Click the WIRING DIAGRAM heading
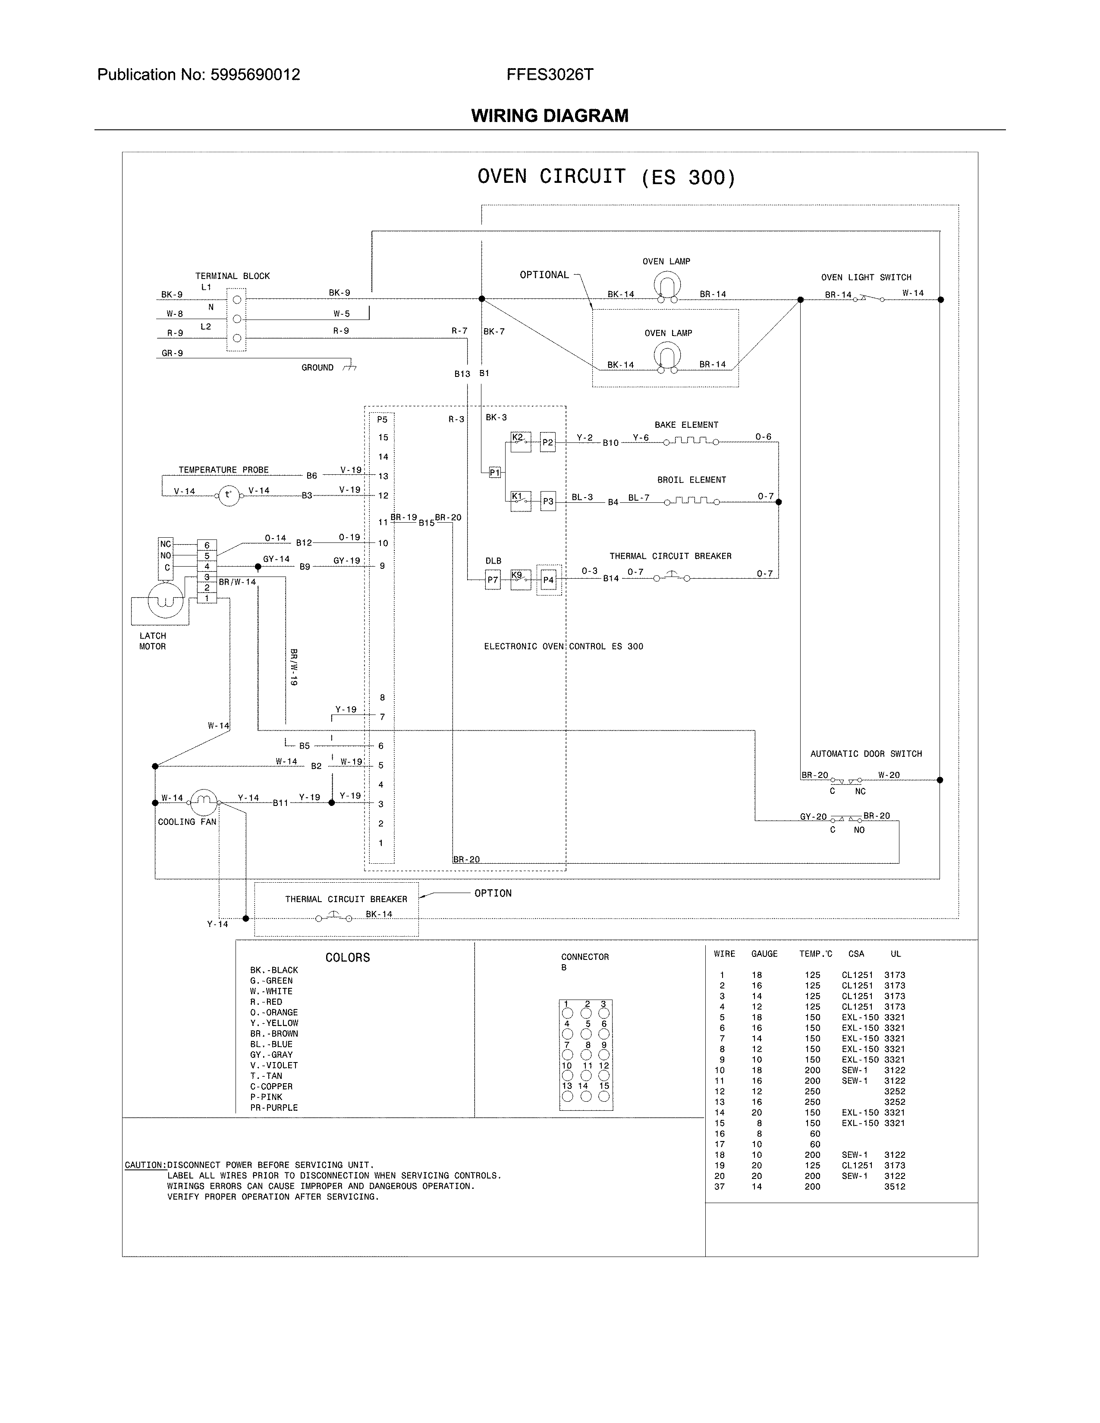click(549, 116)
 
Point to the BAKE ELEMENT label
click(686, 425)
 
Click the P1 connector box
click(495, 472)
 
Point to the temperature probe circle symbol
click(228, 495)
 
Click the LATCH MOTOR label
click(152, 641)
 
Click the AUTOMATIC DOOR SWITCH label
click(866, 754)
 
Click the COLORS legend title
click(347, 957)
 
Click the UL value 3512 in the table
click(894, 1187)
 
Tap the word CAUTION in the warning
click(144, 1165)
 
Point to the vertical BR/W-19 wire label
click(293, 667)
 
